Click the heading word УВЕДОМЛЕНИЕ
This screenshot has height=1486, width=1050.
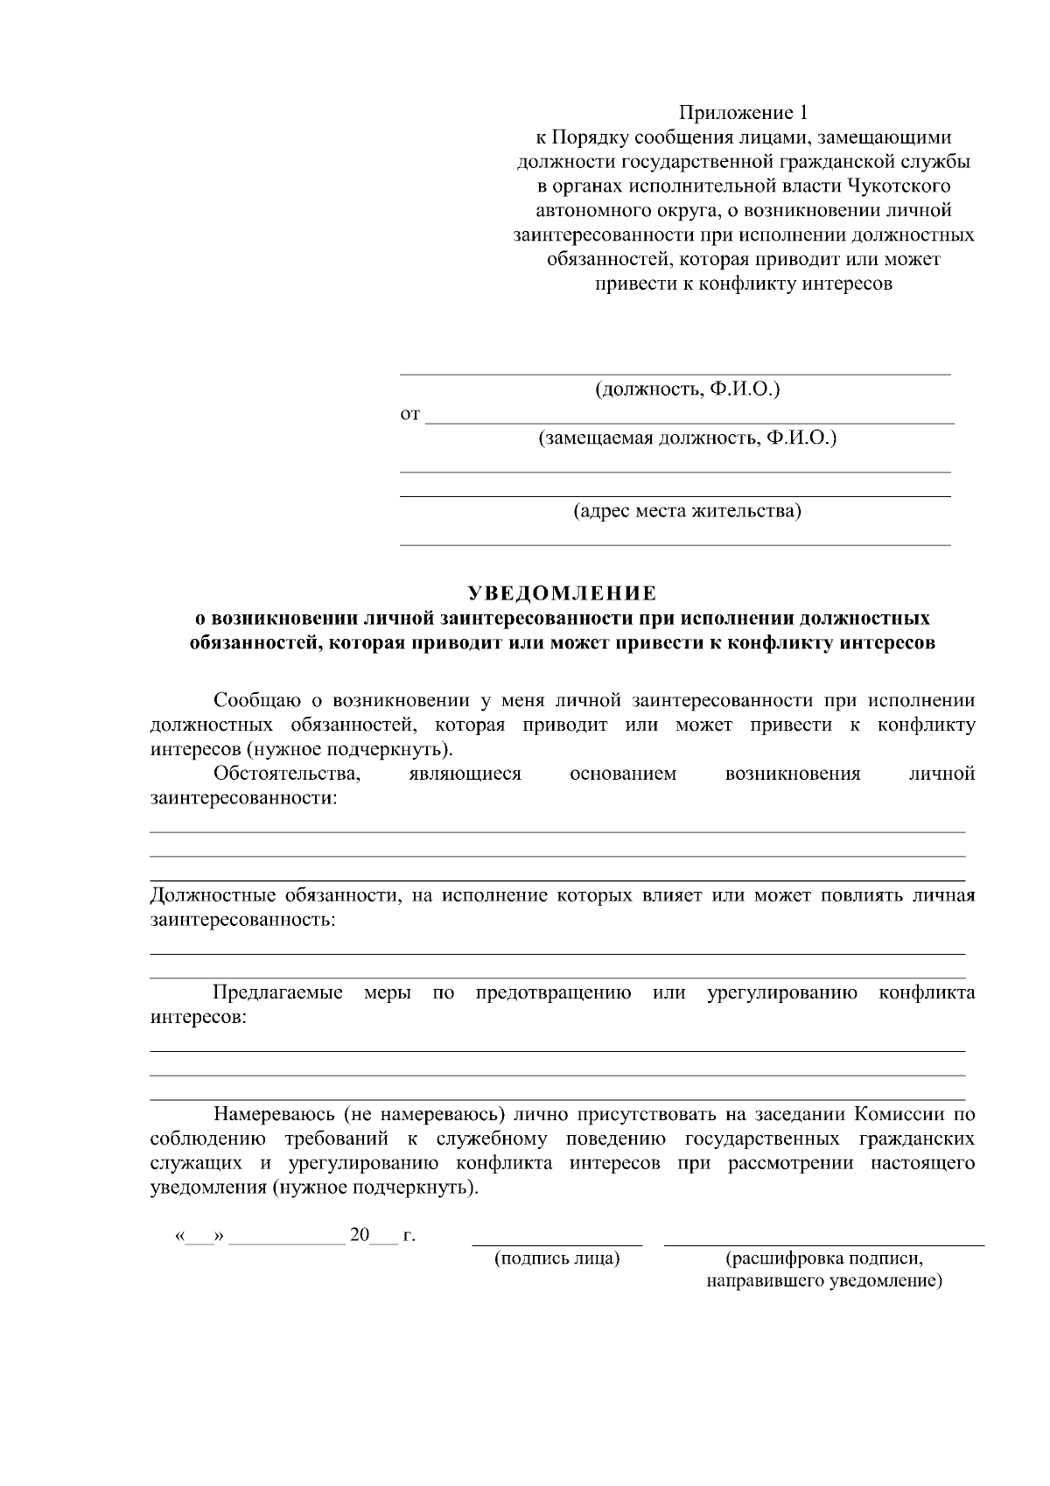563,594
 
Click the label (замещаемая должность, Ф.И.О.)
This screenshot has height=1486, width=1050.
687,438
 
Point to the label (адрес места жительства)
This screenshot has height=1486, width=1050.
687,510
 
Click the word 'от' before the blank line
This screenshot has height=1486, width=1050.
409,414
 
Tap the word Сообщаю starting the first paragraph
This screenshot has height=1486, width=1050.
255,701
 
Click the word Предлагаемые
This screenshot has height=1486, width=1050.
277,993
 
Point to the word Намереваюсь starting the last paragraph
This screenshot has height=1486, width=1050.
272,1115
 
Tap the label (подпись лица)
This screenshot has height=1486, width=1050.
556,1259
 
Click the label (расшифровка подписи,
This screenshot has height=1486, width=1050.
823,1259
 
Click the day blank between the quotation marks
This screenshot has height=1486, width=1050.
200,1237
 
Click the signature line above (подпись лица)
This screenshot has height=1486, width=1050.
556,1244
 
